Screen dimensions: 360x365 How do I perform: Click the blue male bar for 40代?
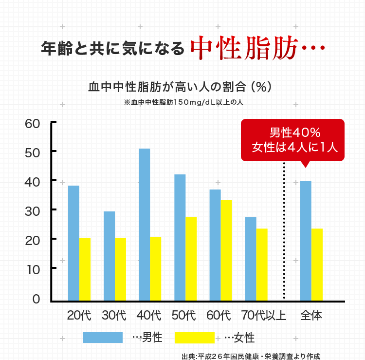(x=145, y=225)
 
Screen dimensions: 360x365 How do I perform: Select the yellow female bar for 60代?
(x=226, y=250)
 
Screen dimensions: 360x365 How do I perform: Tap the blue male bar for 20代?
(x=73, y=243)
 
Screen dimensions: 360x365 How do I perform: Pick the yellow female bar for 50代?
(x=191, y=259)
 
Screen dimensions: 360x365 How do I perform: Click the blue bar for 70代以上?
(x=251, y=259)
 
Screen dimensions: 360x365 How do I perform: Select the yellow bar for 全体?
(x=317, y=265)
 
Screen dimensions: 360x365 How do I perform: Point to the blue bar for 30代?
(x=109, y=256)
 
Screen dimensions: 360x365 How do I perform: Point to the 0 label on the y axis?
(x=36, y=299)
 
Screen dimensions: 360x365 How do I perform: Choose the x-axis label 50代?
(x=183, y=315)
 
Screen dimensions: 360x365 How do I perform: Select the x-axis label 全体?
(x=311, y=315)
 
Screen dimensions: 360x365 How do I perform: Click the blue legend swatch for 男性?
(x=102, y=337)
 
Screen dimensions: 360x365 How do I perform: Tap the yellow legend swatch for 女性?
(x=194, y=337)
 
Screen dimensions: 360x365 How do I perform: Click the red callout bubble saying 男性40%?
(x=293, y=140)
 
